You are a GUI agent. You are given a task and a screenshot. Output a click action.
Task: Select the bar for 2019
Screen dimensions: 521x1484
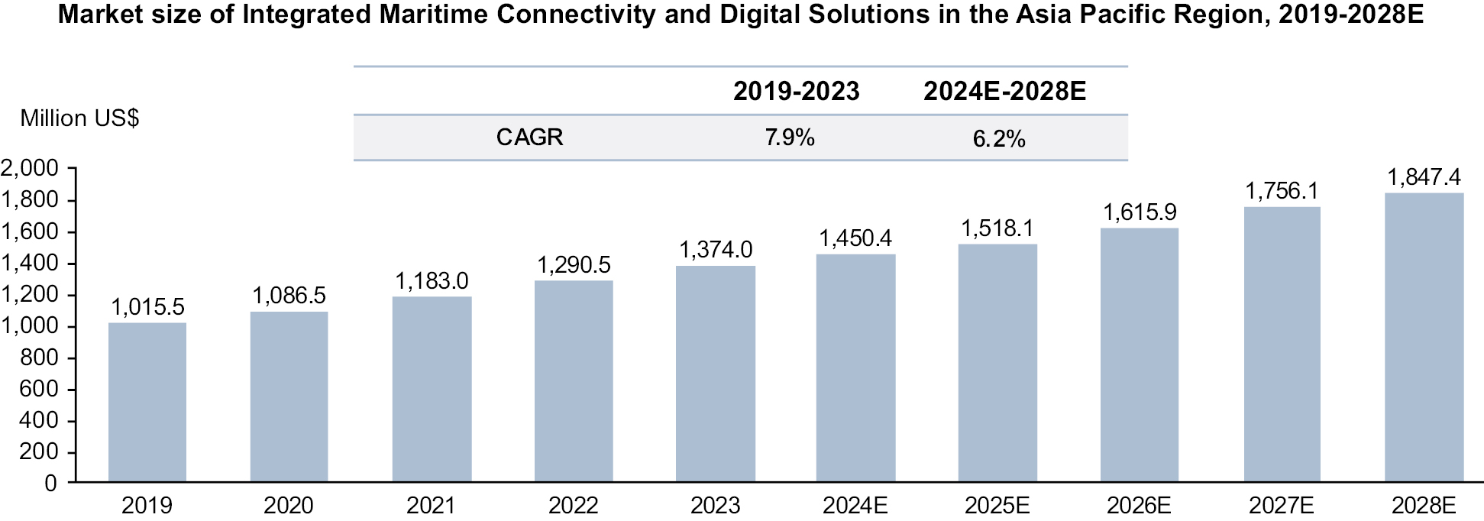[147, 402]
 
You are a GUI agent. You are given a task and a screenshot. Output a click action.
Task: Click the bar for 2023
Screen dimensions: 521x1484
[716, 374]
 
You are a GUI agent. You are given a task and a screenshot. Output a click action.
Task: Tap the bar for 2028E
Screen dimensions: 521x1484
[1424, 337]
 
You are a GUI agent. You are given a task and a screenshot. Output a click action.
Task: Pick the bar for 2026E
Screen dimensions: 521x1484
[1139, 354]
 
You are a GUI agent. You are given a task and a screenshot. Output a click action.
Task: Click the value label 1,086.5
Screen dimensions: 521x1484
[289, 296]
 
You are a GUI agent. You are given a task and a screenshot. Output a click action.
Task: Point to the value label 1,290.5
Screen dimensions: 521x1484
[574, 265]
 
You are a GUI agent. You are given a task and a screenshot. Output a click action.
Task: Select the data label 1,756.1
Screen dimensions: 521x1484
[1282, 191]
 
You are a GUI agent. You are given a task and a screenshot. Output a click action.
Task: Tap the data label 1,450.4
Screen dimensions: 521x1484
[855, 238]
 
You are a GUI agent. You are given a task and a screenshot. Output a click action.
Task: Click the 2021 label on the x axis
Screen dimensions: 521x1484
[431, 505]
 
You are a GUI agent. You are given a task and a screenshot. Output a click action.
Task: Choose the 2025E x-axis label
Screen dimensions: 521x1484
[997, 505]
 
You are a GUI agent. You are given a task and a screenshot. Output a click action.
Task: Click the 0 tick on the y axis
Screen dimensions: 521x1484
[50, 483]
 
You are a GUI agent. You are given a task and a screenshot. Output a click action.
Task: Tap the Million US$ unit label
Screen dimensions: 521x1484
[79, 118]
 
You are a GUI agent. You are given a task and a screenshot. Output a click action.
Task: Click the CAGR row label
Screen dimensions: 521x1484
[529, 138]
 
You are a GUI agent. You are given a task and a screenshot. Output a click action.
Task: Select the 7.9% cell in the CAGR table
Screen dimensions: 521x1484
[790, 138]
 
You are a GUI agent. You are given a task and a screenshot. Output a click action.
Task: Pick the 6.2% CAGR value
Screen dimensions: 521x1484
[998, 139]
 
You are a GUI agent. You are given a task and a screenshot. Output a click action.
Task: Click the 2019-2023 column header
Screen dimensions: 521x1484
[796, 92]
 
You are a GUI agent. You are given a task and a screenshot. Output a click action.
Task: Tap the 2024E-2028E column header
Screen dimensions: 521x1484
[1004, 92]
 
